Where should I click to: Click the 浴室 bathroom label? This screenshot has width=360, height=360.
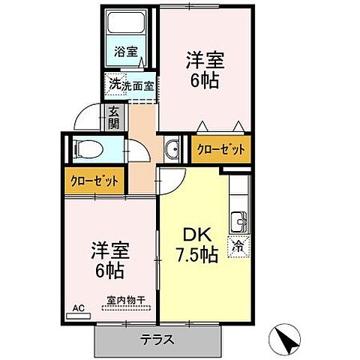click(126, 52)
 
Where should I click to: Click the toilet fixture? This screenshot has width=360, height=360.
click(84, 148)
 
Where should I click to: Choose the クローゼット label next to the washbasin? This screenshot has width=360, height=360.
click(220, 150)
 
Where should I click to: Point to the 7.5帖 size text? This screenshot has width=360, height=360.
click(197, 255)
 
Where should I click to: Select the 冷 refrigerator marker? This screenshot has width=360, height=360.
click(238, 244)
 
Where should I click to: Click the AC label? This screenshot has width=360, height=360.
click(77, 307)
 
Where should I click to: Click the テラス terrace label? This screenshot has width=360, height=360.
click(157, 339)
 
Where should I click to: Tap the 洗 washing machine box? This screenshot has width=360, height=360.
click(112, 84)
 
